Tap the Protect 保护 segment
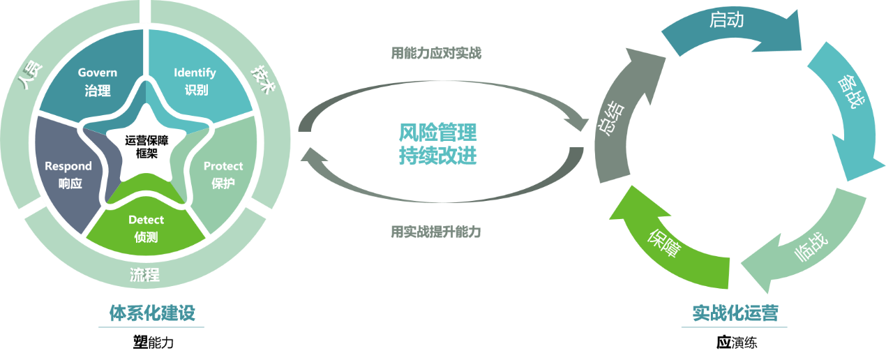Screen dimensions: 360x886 pos(223,174)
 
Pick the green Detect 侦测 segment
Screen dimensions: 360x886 pos(146,228)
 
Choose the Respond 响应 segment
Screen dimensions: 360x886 pos(68,174)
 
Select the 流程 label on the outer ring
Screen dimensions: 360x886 pos(144,274)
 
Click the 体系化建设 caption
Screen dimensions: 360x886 pos(151,313)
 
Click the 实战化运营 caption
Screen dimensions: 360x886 pos(735,313)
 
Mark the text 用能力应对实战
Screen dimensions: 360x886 pos(436,53)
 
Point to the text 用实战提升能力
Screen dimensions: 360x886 pos(436,232)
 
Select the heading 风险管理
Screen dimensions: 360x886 pos(438,132)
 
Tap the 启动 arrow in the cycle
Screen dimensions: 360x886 pos(726,21)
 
